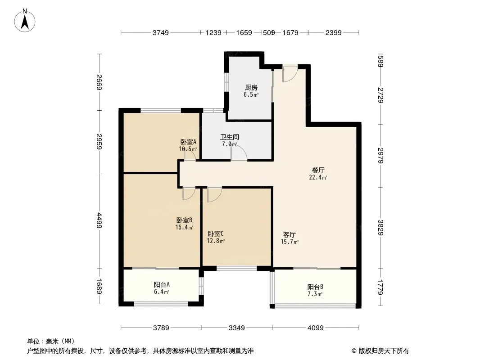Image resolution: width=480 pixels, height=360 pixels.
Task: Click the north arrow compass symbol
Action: pos(25,21)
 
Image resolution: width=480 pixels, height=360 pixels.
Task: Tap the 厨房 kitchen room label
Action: pos(251,88)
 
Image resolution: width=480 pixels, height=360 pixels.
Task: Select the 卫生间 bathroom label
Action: pos(230,137)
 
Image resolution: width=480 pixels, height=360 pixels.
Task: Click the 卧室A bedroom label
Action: pos(188,142)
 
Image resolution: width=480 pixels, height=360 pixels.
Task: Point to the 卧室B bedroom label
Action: pos(184,220)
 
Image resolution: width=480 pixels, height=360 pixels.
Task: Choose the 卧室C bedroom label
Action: pos(216,234)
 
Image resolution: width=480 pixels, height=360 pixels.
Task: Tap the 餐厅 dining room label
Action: pos(318,170)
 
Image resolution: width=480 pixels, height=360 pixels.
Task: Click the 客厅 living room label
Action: pos(289,234)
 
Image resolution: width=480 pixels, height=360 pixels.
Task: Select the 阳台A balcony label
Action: pos(162,284)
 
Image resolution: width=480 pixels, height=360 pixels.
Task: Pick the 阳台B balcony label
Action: pos(315,287)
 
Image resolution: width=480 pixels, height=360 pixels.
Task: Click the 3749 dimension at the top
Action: pos(161,32)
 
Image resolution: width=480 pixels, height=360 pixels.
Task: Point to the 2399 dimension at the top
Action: pos(333,32)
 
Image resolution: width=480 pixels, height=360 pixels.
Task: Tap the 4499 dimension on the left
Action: pos(99,220)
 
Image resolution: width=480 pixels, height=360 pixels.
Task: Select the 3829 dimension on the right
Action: pos(380,228)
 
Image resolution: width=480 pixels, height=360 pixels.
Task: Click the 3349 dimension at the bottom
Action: pos(237,328)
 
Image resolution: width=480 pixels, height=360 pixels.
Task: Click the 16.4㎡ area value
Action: pos(184,228)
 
